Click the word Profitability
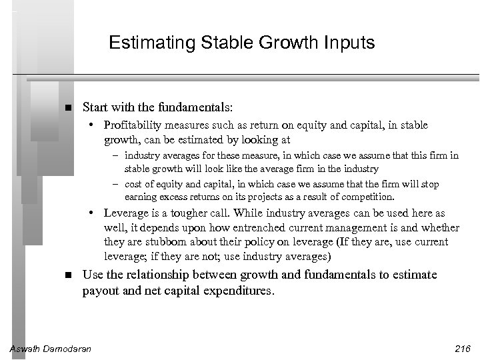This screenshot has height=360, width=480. (131, 125)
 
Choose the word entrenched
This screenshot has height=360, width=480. (259, 229)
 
